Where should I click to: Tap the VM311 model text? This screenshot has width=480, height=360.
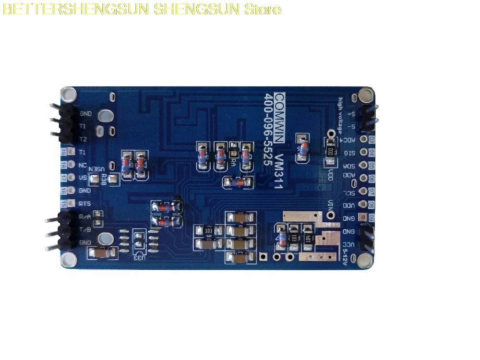point(279,171)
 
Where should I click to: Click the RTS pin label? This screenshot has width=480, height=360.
point(85,204)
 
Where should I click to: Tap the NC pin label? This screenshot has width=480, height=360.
point(83,165)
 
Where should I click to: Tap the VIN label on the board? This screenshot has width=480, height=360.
point(330,205)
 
